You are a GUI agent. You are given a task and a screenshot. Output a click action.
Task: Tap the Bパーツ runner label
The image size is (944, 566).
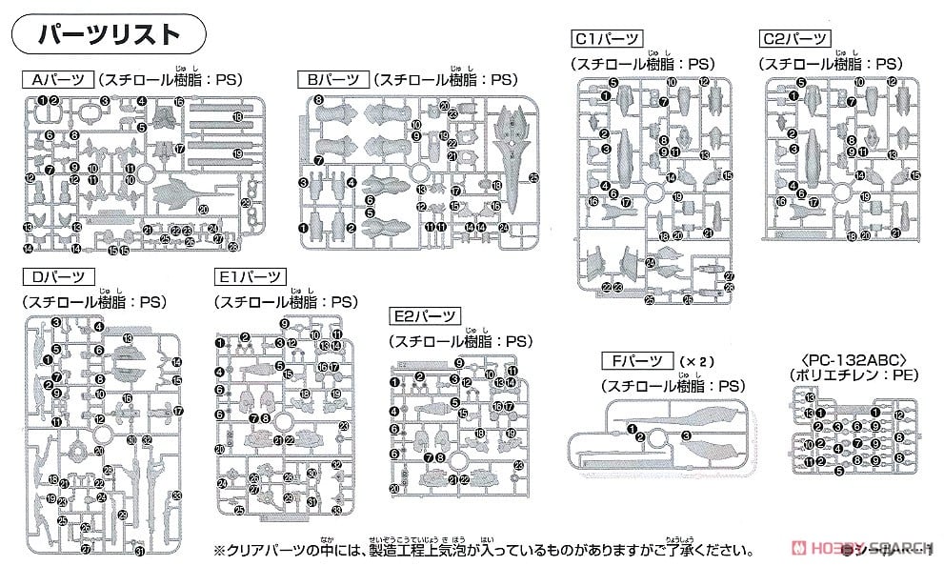click(x=331, y=80)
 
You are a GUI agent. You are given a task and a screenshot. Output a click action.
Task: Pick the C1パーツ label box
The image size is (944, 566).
click(x=606, y=39)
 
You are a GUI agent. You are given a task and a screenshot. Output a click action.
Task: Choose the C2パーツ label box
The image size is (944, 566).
click(x=795, y=39)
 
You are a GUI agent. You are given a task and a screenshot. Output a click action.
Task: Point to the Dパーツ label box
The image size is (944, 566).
click(x=57, y=277)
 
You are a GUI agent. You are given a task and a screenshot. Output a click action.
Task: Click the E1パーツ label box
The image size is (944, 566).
click(x=250, y=277)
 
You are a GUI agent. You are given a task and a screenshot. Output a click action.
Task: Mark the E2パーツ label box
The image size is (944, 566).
click(x=424, y=316)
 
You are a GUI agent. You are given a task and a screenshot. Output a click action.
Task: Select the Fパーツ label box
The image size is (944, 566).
click(x=636, y=361)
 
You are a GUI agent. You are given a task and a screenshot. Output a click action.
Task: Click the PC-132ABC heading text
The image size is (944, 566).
click(x=850, y=360)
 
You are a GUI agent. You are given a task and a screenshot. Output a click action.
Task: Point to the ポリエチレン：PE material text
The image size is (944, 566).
click(x=850, y=377)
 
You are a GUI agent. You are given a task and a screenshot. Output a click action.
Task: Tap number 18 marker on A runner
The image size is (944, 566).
click(x=237, y=116)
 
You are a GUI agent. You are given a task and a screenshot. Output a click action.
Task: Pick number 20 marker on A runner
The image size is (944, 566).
click(x=203, y=209)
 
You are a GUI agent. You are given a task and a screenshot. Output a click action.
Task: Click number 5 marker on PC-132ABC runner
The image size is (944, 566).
click(x=839, y=470)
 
